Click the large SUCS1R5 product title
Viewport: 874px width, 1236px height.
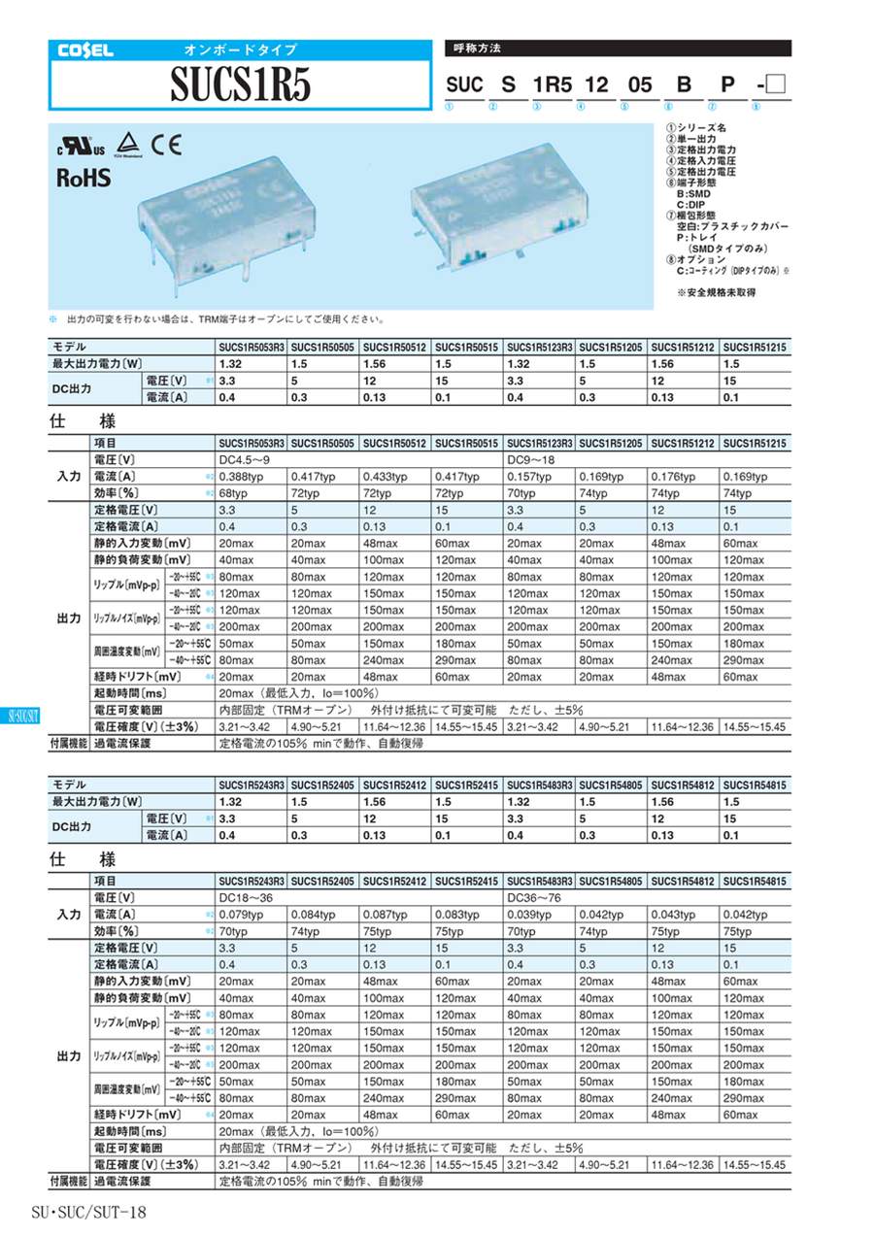[240, 86]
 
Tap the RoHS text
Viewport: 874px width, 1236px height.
[84, 179]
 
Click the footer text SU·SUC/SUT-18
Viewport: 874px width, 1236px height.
[88, 1213]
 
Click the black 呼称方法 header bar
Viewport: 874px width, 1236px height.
[617, 48]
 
